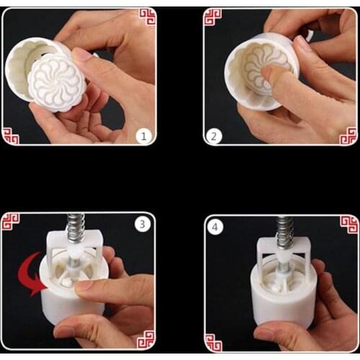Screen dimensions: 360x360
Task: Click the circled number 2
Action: click(x=214, y=135)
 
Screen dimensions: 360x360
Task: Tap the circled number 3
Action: click(x=142, y=224)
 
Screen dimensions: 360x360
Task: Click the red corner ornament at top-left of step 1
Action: click(x=147, y=17)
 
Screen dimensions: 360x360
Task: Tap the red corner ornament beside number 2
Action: click(x=212, y=17)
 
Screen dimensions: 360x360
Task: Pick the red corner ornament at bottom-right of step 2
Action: click(x=348, y=135)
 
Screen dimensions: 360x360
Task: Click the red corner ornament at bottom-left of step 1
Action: click(x=11, y=135)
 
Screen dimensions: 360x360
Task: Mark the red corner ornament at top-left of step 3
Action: click(x=10, y=222)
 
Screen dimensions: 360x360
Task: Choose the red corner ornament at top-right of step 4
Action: click(x=348, y=224)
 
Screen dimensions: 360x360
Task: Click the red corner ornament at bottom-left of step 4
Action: click(x=213, y=343)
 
